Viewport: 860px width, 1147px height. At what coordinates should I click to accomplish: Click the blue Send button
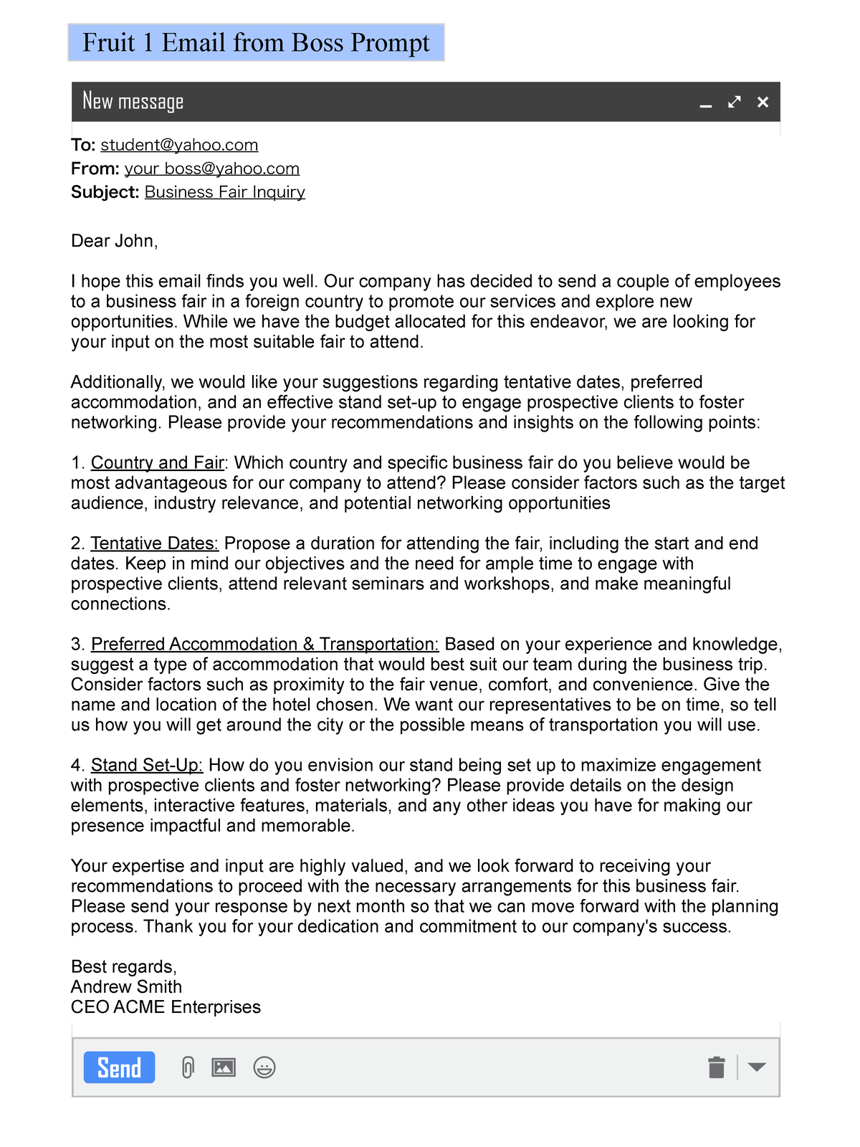click(119, 1067)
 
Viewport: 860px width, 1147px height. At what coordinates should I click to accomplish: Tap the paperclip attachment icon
click(188, 1067)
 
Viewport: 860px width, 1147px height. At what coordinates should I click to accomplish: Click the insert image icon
click(224, 1067)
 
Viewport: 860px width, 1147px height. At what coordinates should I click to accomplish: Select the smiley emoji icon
click(264, 1067)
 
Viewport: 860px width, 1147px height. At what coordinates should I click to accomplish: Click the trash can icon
click(716, 1067)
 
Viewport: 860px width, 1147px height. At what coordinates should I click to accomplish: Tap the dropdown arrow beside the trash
click(757, 1067)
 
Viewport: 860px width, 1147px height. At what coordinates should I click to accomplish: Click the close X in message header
click(763, 103)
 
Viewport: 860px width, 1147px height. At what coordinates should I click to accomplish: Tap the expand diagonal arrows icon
click(734, 103)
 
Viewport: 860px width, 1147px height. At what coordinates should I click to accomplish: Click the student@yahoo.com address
click(179, 145)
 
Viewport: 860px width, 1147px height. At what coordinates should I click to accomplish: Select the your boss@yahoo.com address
click(211, 168)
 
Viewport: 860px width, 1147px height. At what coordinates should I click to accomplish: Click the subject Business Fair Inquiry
click(224, 192)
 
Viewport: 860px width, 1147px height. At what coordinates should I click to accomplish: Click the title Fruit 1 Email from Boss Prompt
click(256, 43)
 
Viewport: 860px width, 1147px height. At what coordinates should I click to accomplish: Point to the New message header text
click(133, 102)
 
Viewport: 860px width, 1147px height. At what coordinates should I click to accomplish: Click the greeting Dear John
click(114, 241)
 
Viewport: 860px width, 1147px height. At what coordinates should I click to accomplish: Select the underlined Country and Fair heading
click(157, 463)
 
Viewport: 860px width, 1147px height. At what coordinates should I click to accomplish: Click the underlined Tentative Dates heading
click(154, 543)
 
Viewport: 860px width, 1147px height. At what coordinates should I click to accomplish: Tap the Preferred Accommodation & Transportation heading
click(264, 644)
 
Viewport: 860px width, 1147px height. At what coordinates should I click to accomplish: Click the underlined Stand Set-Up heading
click(147, 766)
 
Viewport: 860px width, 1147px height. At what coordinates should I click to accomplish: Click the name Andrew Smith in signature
click(126, 987)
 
